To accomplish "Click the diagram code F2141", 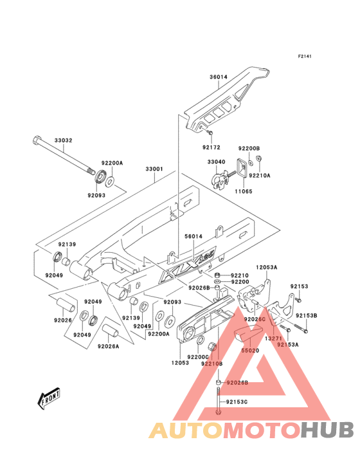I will pyautogui.click(x=304, y=57).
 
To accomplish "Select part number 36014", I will pyautogui.click(x=219, y=77).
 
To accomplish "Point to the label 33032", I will pyautogui.click(x=63, y=140).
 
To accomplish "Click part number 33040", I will pyautogui.click(x=217, y=162).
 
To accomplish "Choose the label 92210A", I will pyautogui.click(x=259, y=175).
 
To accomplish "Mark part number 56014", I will pyautogui.click(x=194, y=237).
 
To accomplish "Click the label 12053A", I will pyautogui.click(x=266, y=266).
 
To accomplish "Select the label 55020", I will pyautogui.click(x=250, y=351).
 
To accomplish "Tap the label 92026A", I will pyautogui.click(x=108, y=346).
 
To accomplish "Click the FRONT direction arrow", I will pyautogui.click(x=50, y=400).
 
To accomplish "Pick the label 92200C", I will pyautogui.click(x=197, y=356).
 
